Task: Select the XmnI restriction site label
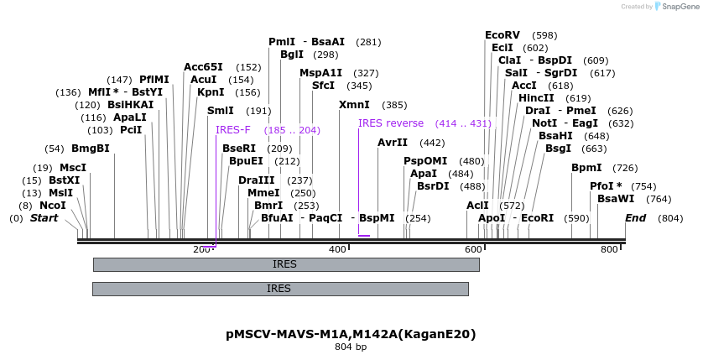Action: point(354,105)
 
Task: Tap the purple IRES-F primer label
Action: point(232,130)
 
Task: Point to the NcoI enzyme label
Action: point(52,206)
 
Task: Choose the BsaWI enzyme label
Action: point(616,199)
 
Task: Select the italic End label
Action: point(636,218)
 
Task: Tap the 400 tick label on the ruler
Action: point(338,249)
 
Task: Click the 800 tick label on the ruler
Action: point(608,249)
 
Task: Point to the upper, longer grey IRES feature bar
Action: point(285,264)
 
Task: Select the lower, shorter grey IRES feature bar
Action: point(280,289)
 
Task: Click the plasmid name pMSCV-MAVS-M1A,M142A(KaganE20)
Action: point(351,334)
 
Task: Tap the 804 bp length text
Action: point(351,347)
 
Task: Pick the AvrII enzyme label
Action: point(393,143)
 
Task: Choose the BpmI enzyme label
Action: point(586,168)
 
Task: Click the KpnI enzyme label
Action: point(211,92)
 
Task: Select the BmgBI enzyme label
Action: point(91,149)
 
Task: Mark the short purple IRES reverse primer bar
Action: point(363,236)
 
